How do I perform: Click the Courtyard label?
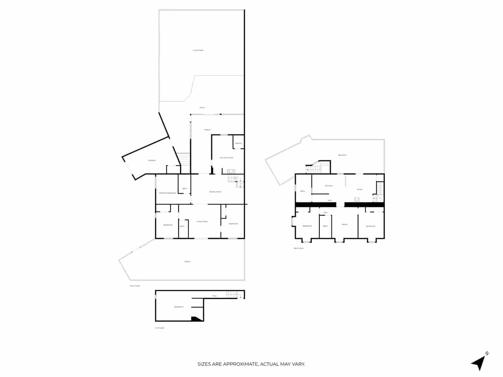pyautogui.click(x=198, y=50)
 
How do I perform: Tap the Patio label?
pyautogui.click(x=202, y=108)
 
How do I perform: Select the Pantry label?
pyautogui.click(x=238, y=144)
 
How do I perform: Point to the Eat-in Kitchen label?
pyautogui.click(x=226, y=158)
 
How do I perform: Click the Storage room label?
pyautogui.click(x=152, y=161)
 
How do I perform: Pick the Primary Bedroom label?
pyautogui.click(x=167, y=193)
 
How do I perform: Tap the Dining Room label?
pyautogui.click(x=215, y=192)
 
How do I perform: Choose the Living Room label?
pyautogui.click(x=202, y=222)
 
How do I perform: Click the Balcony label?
pyautogui.click(x=342, y=155)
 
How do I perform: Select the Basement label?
pyautogui.click(x=179, y=307)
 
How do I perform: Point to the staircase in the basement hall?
pyautogui.click(x=231, y=295)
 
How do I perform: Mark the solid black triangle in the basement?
pyautogui.click(x=196, y=319)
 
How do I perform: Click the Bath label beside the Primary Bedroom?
pyautogui.click(x=185, y=188)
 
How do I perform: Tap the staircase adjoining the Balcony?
pyautogui.click(x=313, y=169)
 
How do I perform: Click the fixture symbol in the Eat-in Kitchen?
pyautogui.click(x=231, y=171)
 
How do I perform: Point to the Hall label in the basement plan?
pyautogui.click(x=215, y=296)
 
